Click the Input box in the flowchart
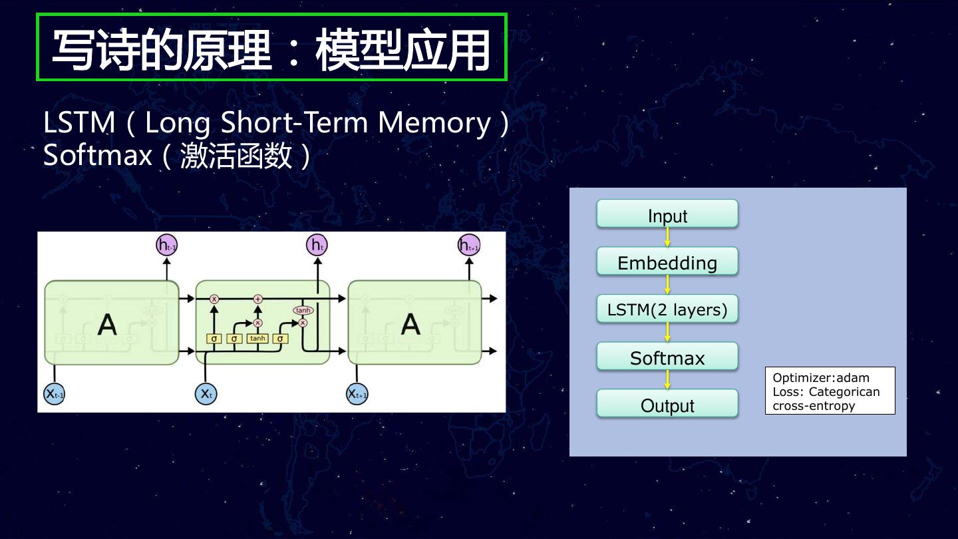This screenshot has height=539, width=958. (x=667, y=214)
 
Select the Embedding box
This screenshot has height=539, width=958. (x=667, y=262)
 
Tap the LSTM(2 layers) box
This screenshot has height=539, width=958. (x=667, y=309)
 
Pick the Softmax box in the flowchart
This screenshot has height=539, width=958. (x=667, y=357)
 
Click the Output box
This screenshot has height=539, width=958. (x=667, y=404)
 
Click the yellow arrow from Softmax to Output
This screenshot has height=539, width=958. (x=667, y=380)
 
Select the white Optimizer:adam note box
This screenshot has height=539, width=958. (x=830, y=391)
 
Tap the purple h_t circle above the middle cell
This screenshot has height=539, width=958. (x=317, y=246)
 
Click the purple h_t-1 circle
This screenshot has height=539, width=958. (x=166, y=246)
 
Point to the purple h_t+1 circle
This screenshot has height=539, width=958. (x=468, y=246)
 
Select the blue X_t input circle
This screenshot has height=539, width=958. (x=206, y=393)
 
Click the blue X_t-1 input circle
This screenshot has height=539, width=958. (x=54, y=393)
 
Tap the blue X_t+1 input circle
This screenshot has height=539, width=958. (x=357, y=393)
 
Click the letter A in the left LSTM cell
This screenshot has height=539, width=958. (x=107, y=324)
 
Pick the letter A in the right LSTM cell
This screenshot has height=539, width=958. (x=410, y=324)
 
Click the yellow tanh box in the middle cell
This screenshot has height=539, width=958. (x=257, y=338)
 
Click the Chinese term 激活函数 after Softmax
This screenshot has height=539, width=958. (x=236, y=156)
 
